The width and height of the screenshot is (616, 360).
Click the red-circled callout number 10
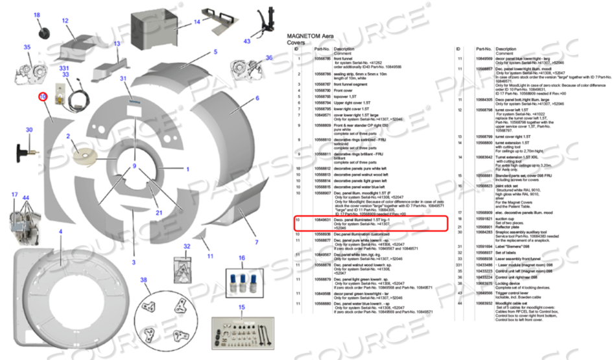pos(43,96)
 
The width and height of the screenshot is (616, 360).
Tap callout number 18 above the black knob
pos(36,15)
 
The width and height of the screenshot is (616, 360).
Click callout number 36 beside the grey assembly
pos(268,58)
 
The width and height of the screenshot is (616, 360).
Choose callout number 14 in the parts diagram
pos(197,21)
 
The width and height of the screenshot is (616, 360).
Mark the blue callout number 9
pos(135,167)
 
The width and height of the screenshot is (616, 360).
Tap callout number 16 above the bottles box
pos(242,258)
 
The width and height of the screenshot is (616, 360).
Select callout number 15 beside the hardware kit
pos(242,307)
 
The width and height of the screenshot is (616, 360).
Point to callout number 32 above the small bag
pos(186,246)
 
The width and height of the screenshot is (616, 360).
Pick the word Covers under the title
pos(297,42)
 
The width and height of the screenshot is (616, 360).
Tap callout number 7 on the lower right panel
pos(255,242)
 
